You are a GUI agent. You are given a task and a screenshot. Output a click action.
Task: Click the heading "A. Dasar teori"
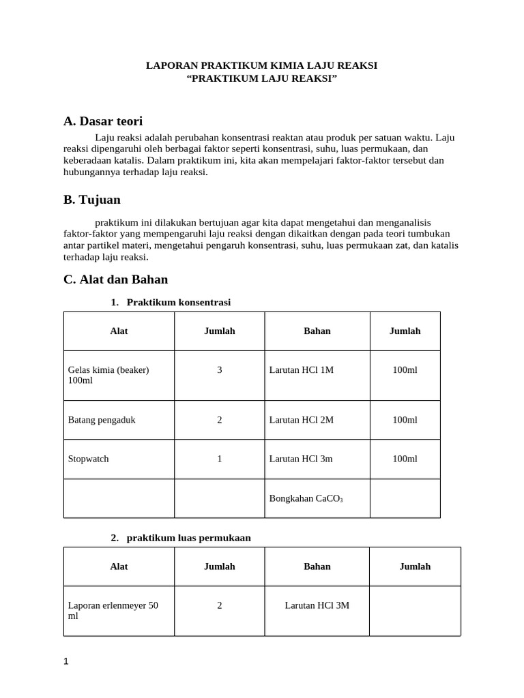(103, 121)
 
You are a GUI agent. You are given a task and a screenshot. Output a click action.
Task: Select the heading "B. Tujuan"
(92, 200)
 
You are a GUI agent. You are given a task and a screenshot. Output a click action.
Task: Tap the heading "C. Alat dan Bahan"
(115, 279)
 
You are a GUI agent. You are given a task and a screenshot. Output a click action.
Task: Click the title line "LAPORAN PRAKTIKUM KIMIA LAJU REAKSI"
(262, 65)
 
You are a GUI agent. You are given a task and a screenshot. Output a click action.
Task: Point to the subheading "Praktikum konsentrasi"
(183, 302)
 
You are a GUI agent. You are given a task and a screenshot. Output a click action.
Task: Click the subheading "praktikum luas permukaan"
(188, 538)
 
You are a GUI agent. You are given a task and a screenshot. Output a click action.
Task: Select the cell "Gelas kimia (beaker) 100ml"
(108, 375)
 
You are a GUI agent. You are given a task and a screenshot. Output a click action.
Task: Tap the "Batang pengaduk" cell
(102, 420)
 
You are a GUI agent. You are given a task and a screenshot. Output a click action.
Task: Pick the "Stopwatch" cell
(89, 459)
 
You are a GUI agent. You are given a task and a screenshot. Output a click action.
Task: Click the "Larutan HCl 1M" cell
(302, 369)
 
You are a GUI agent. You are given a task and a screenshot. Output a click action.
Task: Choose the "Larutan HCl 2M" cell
(302, 420)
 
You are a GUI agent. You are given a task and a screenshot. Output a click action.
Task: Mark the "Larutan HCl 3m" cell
(301, 459)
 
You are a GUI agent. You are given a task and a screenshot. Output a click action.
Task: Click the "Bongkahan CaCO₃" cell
(306, 498)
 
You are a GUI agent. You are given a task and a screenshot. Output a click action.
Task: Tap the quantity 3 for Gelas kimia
(220, 369)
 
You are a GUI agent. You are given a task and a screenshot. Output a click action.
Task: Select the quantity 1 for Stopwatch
(220, 459)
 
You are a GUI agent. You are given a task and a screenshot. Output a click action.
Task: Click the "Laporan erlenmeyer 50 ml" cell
(113, 610)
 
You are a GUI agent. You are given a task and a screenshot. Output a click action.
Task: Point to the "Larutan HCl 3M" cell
(317, 605)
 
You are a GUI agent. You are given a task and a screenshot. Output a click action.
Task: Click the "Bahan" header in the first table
(317, 331)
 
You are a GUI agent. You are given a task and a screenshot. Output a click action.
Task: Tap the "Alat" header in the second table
(119, 566)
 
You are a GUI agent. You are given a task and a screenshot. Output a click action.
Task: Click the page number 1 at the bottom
(65, 661)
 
